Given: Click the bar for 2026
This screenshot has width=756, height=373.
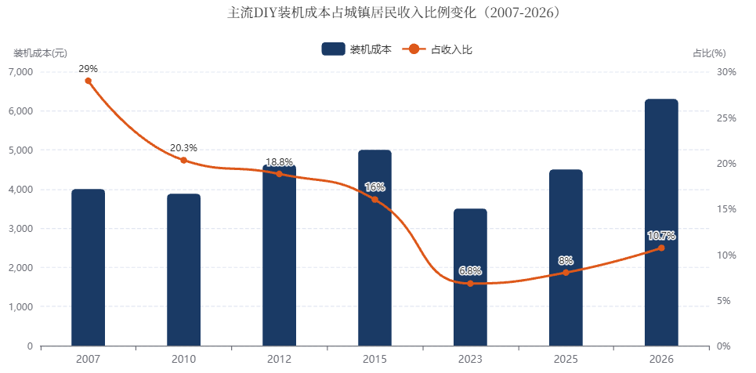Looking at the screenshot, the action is (661, 223).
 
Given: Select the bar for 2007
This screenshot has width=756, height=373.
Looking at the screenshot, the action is (89, 268).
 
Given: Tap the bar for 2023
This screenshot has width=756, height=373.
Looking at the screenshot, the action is (470, 277).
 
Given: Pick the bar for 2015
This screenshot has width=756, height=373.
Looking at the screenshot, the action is (374, 248).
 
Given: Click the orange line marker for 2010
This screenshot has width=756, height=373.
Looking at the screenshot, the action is (183, 160).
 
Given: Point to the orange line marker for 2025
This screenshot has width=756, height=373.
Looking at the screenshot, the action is (566, 273).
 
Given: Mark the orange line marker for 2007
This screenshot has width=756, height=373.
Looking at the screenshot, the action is (89, 81).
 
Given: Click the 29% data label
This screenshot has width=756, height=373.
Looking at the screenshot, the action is (89, 68).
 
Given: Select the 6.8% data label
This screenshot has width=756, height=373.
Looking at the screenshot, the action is (470, 271).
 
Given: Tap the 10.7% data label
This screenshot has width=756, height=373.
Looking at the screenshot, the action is (661, 236).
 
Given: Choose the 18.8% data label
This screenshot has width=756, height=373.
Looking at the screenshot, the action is (279, 161).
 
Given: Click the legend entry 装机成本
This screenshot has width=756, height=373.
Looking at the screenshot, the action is (356, 49).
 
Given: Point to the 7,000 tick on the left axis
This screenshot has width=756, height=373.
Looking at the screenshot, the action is (20, 72).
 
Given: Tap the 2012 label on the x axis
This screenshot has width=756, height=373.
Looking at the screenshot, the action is (279, 359).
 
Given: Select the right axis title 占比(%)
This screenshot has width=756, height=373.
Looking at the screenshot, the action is (709, 53).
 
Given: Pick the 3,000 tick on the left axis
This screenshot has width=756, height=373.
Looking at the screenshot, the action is (20, 228).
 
